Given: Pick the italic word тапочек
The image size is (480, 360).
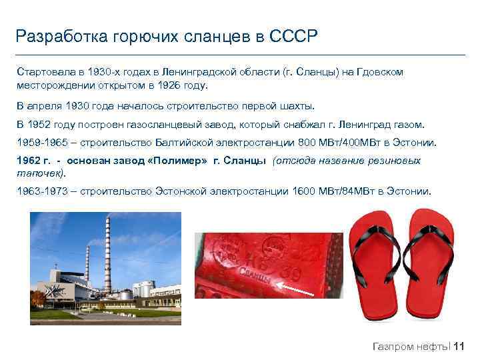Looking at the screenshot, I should click(x=39, y=173).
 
